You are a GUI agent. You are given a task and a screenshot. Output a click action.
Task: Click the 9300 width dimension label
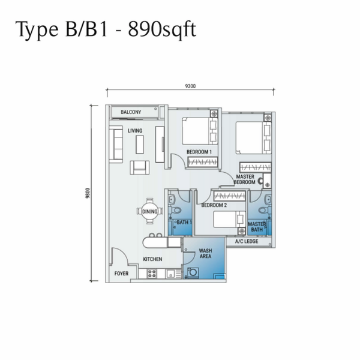click(x=190, y=86)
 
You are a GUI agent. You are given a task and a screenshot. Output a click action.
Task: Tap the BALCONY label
click(x=131, y=112)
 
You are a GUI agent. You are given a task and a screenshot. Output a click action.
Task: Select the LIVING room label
click(x=135, y=131)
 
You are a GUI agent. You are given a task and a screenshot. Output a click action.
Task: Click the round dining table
click(x=150, y=211)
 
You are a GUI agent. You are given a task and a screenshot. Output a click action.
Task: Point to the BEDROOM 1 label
click(x=199, y=152)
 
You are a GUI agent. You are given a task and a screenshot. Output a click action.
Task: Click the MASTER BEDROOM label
click(x=245, y=179)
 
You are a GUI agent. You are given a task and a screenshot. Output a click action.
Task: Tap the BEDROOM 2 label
click(x=214, y=205)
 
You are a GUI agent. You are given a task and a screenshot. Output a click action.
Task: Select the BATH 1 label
click(x=184, y=222)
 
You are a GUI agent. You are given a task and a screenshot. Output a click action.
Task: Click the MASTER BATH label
click(x=257, y=227)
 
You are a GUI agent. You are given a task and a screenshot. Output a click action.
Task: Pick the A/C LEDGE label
click(x=247, y=241)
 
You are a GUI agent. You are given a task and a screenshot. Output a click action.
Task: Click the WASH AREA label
click(x=205, y=253)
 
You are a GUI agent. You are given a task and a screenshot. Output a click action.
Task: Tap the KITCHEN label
click(x=152, y=259)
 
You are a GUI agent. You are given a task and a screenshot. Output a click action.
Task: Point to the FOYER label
click(x=121, y=274)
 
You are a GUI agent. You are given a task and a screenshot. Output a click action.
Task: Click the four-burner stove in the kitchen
click(x=152, y=274)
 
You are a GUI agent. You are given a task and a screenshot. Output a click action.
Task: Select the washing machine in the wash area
click(x=193, y=273)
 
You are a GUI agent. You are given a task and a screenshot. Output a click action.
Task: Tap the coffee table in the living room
click(x=140, y=145)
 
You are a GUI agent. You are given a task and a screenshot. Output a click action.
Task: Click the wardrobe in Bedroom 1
click(x=203, y=162)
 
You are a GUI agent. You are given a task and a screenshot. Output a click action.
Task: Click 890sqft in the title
click(x=162, y=29)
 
